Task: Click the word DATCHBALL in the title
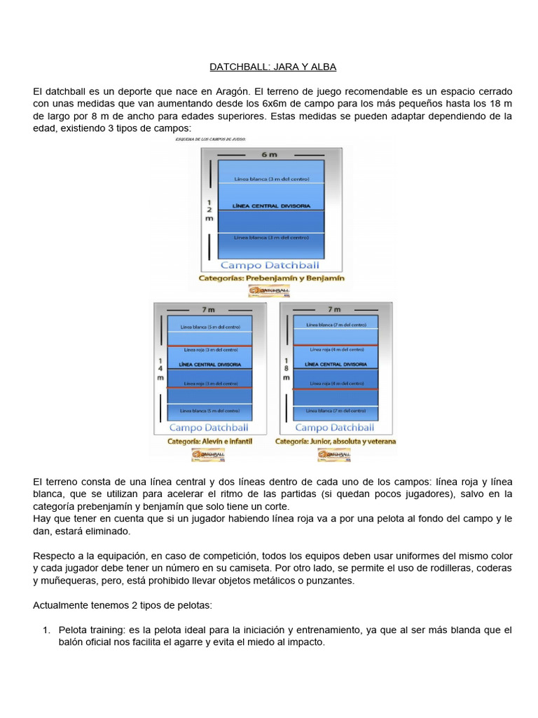[x=236, y=67]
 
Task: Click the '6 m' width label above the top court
[x=270, y=154]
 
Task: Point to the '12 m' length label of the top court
[x=209, y=209]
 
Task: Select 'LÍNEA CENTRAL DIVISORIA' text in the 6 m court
[x=270, y=207]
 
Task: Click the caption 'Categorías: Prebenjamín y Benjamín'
[x=272, y=278]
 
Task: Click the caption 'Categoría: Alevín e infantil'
[x=209, y=442]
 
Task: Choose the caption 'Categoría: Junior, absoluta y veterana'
[x=336, y=442]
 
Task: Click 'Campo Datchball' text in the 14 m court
[x=209, y=427]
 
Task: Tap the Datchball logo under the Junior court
[x=335, y=455]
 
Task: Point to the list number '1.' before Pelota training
[x=47, y=630]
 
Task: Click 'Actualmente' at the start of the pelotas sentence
[x=62, y=605]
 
